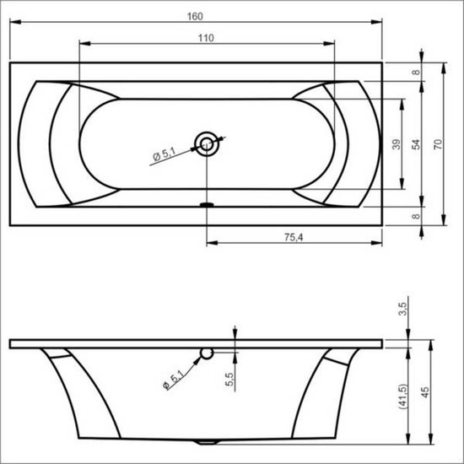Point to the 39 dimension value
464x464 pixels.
(x=396, y=143)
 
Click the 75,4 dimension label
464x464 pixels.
(x=293, y=235)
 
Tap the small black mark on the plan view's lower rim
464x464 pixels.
(x=206, y=203)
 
